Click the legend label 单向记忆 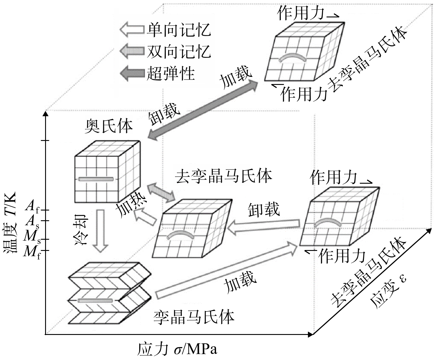tap(179, 30)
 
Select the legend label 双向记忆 tap(179, 51)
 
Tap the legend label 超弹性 tap(171, 73)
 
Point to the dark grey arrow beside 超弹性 tap(132, 73)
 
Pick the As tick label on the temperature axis tap(32, 221)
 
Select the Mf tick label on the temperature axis tap(32, 252)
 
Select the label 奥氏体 tap(109, 126)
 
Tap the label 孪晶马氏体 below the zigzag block tap(194, 318)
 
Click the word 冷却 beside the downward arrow tap(81, 230)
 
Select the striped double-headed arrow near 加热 tap(161, 192)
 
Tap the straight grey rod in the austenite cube tap(96, 179)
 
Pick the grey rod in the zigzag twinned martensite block tap(95, 300)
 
